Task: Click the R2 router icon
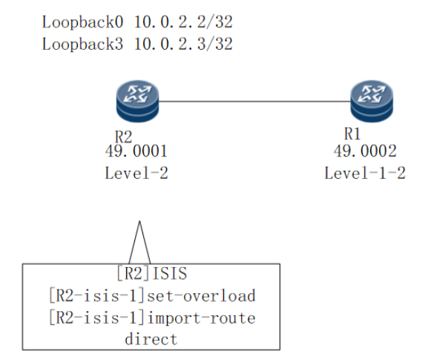tap(138, 101)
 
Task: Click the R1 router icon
tap(372, 101)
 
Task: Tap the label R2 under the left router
tap(123, 137)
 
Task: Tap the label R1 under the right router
tap(352, 134)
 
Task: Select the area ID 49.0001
tap(136, 151)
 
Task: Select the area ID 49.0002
tap(365, 151)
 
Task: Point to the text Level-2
tap(136, 173)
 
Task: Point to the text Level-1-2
tap(365, 173)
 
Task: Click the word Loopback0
tap(82, 22)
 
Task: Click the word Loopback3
tap(82, 44)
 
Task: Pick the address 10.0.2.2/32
tap(183, 22)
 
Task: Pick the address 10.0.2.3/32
tap(183, 44)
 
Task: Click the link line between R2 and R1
tap(254, 101)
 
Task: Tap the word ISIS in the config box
tap(170, 274)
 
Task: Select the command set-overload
tap(201, 295)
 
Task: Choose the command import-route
tap(202, 318)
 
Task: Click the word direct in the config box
tap(151, 339)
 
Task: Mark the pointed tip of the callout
tap(139, 221)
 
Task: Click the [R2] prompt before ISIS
tap(133, 274)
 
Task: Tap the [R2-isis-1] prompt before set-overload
tap(97, 295)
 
